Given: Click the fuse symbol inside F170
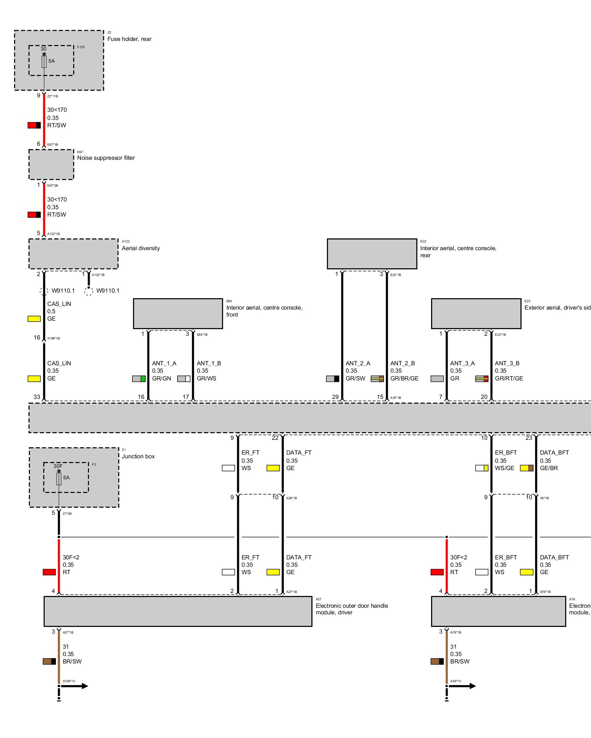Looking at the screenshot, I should tap(44, 62).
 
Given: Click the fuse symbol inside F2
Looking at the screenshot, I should tap(59, 479).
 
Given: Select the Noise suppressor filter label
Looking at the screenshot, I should tap(106, 158).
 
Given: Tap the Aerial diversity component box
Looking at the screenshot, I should tap(74, 254).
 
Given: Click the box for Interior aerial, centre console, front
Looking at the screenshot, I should tap(178, 314).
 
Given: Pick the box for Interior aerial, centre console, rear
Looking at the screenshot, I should tap(372, 254).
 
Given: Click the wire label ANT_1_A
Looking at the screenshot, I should tap(164, 363).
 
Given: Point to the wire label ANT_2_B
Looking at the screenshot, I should tap(403, 363).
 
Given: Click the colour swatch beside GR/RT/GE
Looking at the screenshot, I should tap(482, 379).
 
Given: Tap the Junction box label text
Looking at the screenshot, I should tap(138, 456).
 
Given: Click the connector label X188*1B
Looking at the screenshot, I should tap(54, 338).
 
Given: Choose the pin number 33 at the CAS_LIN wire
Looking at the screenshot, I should tap(37, 397).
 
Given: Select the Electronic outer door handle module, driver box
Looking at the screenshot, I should tap(178, 611).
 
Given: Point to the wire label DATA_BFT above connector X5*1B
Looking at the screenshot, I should tap(554, 453).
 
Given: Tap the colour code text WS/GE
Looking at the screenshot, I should tap(504, 468).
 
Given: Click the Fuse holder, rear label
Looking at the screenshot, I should tap(129, 39).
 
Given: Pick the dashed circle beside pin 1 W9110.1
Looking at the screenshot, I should tap(89, 291).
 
